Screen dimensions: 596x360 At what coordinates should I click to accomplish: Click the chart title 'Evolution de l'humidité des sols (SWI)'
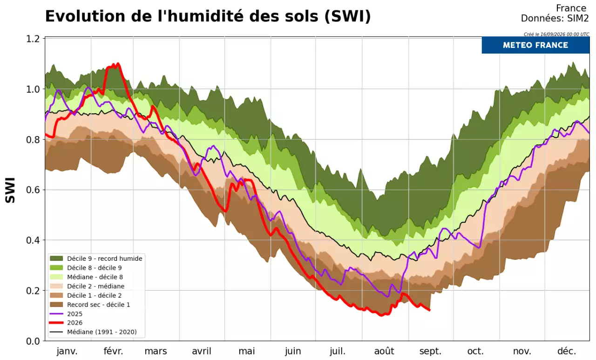[x=208, y=16]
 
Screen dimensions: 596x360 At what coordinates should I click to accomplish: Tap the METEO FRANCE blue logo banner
[x=535, y=45]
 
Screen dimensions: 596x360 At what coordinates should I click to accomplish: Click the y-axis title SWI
[x=10, y=190]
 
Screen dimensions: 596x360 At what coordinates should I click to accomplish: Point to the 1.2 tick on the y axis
[x=33, y=39]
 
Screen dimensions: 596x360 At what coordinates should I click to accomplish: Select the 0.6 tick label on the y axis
[x=33, y=190]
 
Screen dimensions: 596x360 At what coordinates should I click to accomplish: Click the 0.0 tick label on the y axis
[x=33, y=341]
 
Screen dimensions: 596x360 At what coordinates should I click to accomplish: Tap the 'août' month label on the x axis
[x=384, y=351]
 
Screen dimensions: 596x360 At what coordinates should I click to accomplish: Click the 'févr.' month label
[x=113, y=351]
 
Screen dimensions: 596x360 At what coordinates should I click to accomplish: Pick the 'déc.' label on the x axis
[x=567, y=351]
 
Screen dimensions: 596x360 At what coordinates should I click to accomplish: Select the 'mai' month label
[x=247, y=351]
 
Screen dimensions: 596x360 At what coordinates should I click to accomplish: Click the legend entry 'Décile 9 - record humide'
[x=96, y=258]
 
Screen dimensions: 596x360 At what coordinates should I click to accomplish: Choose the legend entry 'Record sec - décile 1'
[x=90, y=305]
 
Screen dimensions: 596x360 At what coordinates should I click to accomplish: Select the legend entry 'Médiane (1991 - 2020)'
[x=94, y=332]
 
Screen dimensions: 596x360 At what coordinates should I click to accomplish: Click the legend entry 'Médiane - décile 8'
[x=87, y=277]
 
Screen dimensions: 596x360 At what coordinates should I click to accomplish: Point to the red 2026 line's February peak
[x=118, y=64]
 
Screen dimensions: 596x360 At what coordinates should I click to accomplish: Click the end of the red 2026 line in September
[x=429, y=310]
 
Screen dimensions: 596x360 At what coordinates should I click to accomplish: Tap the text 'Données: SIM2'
[x=555, y=18]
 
